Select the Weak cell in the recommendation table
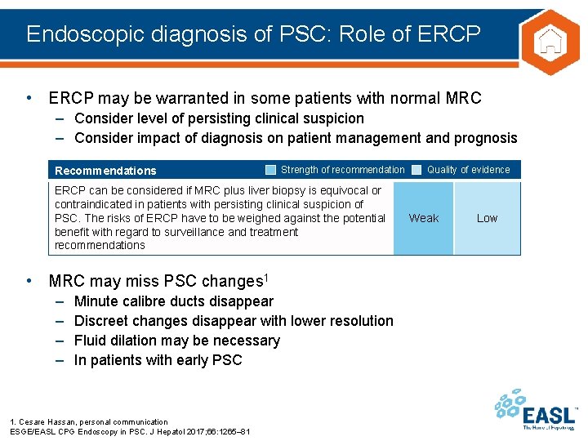tap(423, 218)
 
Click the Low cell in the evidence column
tap(487, 218)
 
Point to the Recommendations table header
tap(105, 171)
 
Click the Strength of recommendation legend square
tap(270, 170)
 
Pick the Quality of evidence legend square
tap(416, 170)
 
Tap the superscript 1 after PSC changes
tap(265, 277)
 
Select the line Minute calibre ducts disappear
tap(173, 301)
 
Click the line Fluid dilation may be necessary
tap(176, 341)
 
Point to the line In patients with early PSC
tap(158, 360)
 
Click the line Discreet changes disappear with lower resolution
tap(234, 321)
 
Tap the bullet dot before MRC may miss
tap(30, 281)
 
